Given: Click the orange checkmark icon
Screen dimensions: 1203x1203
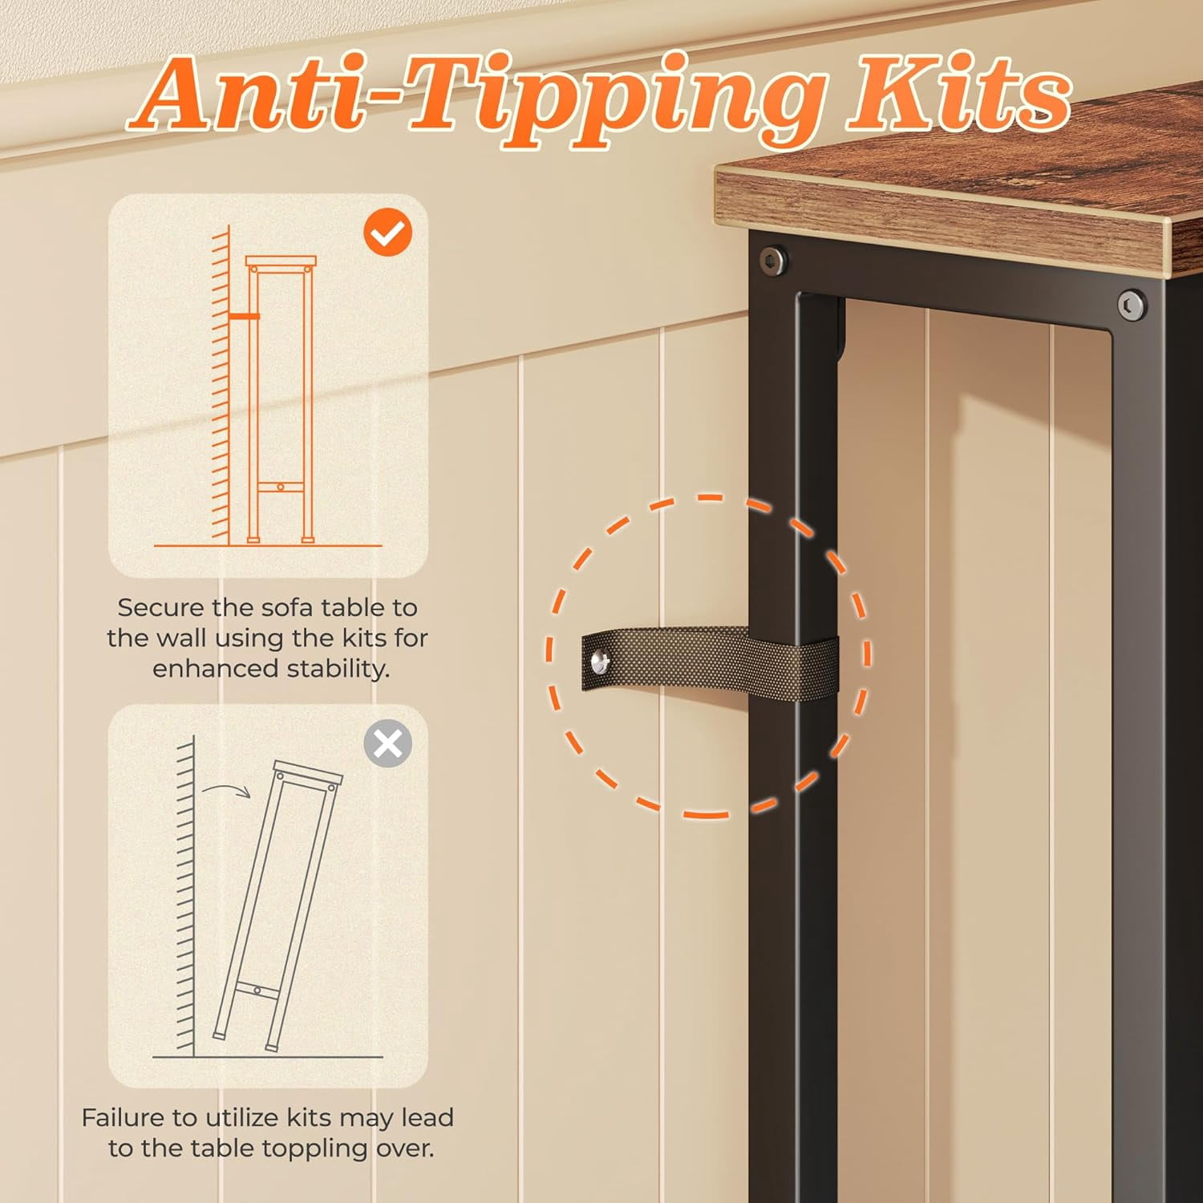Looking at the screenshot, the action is coord(388,233).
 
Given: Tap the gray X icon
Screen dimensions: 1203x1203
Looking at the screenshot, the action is coord(388,744).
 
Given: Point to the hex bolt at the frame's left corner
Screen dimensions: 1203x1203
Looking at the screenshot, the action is coord(772,259).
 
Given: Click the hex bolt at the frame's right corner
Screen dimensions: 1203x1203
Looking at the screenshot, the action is coord(1131,306).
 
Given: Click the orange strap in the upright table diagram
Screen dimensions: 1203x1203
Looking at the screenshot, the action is coord(244,317).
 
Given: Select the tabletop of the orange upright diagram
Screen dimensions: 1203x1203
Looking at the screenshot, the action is coord(281,261).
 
